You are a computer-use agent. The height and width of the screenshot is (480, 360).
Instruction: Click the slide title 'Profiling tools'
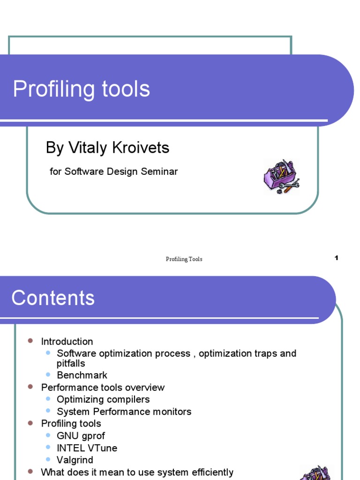(81, 89)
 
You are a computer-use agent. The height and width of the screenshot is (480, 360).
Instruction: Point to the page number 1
(336, 258)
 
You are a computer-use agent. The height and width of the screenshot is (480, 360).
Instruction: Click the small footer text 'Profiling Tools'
(184, 259)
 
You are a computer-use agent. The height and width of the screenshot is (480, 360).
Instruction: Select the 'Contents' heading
(53, 298)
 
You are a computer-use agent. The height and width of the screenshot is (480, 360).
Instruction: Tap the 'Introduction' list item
(67, 342)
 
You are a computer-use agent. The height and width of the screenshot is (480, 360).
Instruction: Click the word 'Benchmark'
(82, 375)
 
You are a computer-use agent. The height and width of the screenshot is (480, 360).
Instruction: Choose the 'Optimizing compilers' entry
(103, 400)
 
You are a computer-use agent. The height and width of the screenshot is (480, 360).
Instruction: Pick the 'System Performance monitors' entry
(124, 412)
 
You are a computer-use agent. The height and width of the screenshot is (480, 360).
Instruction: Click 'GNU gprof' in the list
(81, 436)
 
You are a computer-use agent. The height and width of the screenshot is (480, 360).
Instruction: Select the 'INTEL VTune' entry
(87, 448)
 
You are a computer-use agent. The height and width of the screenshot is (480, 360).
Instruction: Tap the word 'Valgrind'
(75, 460)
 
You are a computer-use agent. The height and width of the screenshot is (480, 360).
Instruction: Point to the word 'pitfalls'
(71, 364)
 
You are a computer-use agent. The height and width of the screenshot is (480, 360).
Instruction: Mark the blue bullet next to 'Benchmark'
(48, 375)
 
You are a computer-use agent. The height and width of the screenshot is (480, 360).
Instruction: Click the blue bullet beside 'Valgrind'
(48, 459)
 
